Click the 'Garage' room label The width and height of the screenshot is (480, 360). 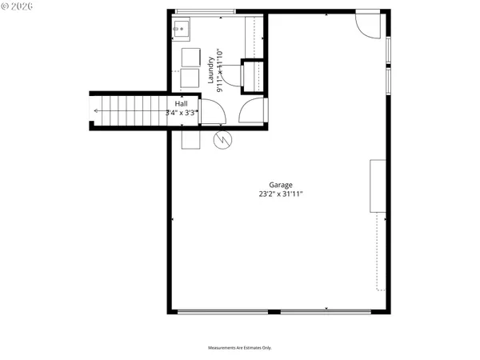[x=270, y=185]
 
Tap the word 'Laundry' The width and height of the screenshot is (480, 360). [x=211, y=70]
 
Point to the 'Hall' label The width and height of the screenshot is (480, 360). [x=182, y=104]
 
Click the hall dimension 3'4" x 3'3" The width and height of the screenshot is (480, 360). [x=182, y=114]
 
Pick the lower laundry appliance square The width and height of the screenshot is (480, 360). [x=190, y=78]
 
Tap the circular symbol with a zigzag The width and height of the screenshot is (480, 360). [x=222, y=141]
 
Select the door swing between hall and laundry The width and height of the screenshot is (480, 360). [x=214, y=113]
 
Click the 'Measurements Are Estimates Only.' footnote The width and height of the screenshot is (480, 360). [x=240, y=348]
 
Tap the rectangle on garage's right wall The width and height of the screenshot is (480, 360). [x=376, y=186]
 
